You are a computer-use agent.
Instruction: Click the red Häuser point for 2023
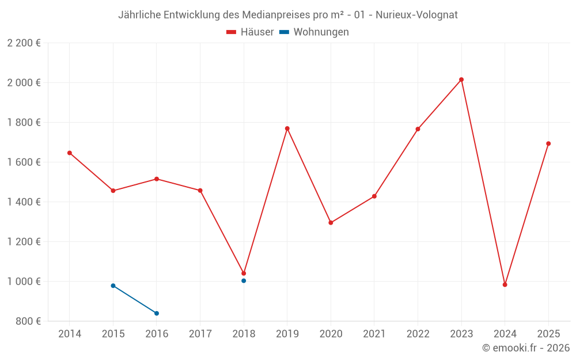(461, 79)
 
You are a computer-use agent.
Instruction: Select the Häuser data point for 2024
(505, 285)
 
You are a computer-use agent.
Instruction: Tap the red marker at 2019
(287, 128)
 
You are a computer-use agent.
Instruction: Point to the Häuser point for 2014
(70, 153)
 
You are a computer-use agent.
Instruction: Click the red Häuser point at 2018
(244, 274)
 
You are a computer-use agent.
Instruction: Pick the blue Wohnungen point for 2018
(244, 281)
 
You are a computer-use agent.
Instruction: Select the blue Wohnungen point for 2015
(113, 286)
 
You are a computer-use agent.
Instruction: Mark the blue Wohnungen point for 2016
(157, 313)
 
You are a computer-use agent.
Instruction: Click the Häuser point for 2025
(548, 143)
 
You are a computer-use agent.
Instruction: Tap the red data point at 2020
(331, 223)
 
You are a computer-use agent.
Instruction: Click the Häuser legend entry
(250, 32)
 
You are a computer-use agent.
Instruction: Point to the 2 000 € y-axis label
(24, 82)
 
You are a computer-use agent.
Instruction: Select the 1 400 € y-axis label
(24, 202)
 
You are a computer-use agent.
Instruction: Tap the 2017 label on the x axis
(200, 334)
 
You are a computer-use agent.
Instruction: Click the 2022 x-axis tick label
(418, 334)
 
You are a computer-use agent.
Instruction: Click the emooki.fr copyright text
(525, 348)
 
